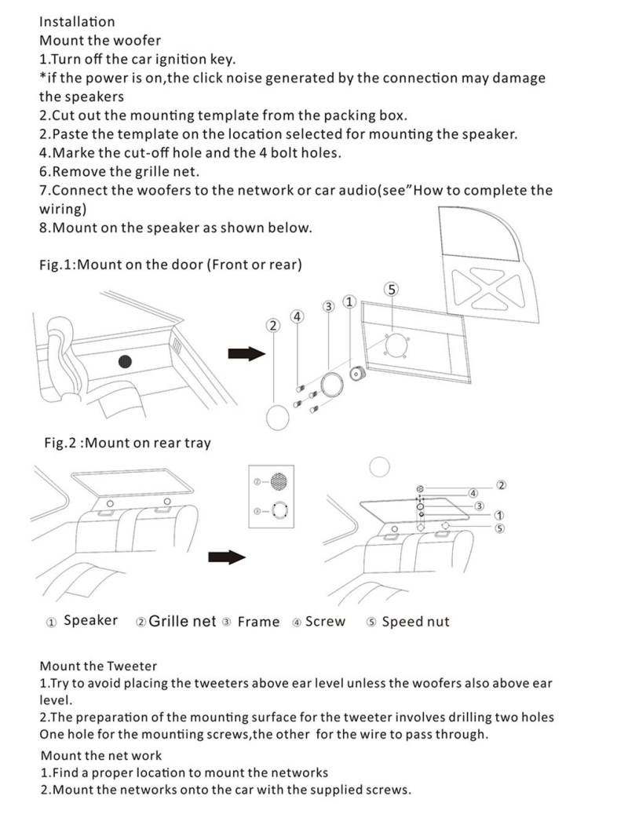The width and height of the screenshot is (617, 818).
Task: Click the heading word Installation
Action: tap(76, 21)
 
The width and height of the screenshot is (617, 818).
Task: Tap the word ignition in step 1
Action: tap(188, 59)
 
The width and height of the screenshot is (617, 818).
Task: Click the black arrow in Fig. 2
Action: tap(228, 557)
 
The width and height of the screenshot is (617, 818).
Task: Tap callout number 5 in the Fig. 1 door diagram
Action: tap(392, 289)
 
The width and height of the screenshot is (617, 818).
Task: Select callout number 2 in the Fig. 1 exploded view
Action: tap(273, 325)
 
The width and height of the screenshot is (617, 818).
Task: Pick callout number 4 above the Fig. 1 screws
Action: tap(297, 316)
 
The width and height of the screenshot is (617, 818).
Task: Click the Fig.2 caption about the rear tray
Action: tap(127, 443)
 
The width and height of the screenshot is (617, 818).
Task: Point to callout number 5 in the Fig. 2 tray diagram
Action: tap(499, 528)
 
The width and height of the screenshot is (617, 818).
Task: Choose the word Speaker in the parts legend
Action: tap(90, 621)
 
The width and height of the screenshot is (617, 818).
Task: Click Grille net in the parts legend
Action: tap(182, 621)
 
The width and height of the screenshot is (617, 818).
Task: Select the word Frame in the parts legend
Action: tap(258, 622)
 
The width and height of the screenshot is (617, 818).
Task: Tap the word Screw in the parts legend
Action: tap(325, 622)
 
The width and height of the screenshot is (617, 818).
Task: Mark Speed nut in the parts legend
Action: tap(415, 622)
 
